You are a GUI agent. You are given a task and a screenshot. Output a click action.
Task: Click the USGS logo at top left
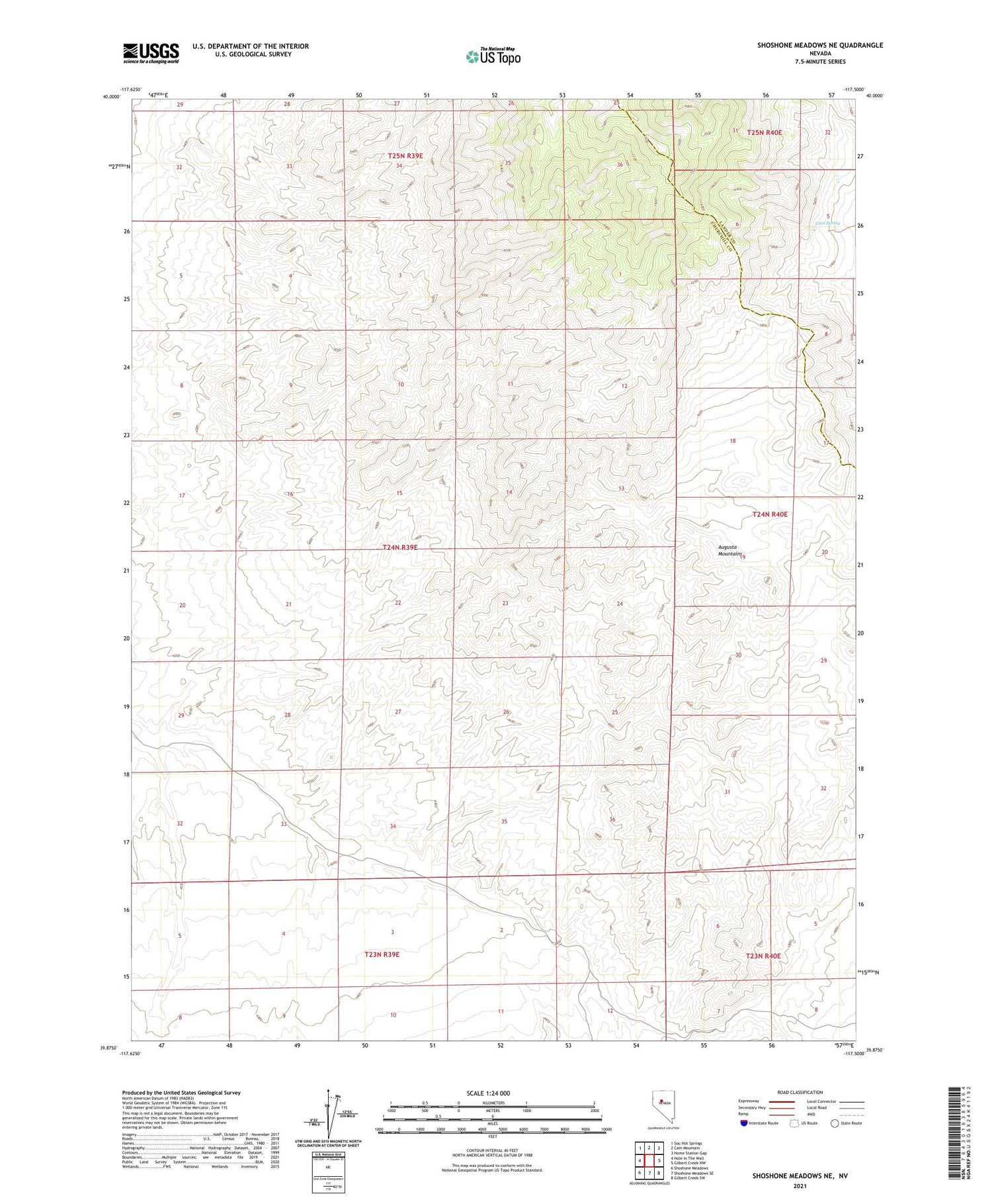coord(151,53)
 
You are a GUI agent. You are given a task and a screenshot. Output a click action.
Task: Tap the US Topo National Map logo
coord(493,56)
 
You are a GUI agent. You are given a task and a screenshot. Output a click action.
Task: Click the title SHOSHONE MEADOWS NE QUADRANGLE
coord(820,45)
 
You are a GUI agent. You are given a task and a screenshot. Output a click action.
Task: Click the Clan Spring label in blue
coord(827,223)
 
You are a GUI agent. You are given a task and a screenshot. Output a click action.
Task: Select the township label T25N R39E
coord(405,156)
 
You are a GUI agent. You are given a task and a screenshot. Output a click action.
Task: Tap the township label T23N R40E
coord(763,956)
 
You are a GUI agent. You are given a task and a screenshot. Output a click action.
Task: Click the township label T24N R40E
coord(770,514)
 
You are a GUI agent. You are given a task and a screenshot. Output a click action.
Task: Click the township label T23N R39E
coord(382,954)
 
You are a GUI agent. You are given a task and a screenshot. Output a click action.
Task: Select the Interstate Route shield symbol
coord(745,1123)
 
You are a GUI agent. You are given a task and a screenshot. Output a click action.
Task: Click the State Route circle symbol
coord(835,1123)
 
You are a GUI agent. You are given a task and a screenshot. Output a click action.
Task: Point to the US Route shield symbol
coord(794,1123)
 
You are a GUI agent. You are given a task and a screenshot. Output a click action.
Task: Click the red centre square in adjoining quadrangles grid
coord(650,1160)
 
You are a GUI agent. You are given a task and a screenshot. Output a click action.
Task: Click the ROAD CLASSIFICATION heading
coord(800,1092)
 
